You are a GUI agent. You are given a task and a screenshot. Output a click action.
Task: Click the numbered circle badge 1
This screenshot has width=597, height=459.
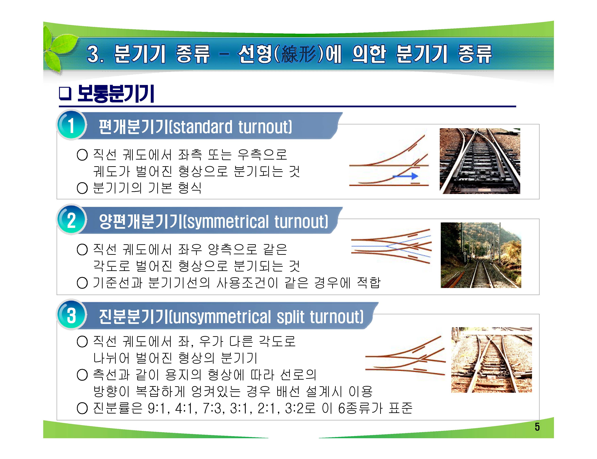coord(71,125)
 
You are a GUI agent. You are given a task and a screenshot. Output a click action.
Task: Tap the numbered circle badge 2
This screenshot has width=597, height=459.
coord(71,220)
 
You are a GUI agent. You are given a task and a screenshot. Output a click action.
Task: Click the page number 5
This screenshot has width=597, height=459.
coord(537,427)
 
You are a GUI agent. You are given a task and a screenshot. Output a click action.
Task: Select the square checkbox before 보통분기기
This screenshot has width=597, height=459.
coord(65,94)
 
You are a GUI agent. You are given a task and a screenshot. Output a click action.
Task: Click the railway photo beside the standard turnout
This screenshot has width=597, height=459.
coord(480,161)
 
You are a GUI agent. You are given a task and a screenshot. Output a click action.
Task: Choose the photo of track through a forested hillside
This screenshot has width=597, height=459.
coord(481,255)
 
